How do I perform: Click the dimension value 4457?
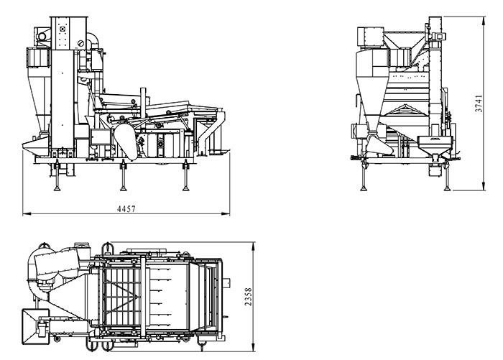tap(126, 209)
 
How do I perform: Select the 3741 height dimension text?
tap(479, 103)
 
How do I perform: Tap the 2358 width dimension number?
tap(248, 297)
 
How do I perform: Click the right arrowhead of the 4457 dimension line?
tap(226, 213)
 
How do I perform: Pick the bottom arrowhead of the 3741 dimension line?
tap(484, 186)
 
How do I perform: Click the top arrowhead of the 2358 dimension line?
tap(254, 246)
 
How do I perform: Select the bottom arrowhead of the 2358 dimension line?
tap(254, 348)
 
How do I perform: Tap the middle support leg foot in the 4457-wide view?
tap(123, 189)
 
